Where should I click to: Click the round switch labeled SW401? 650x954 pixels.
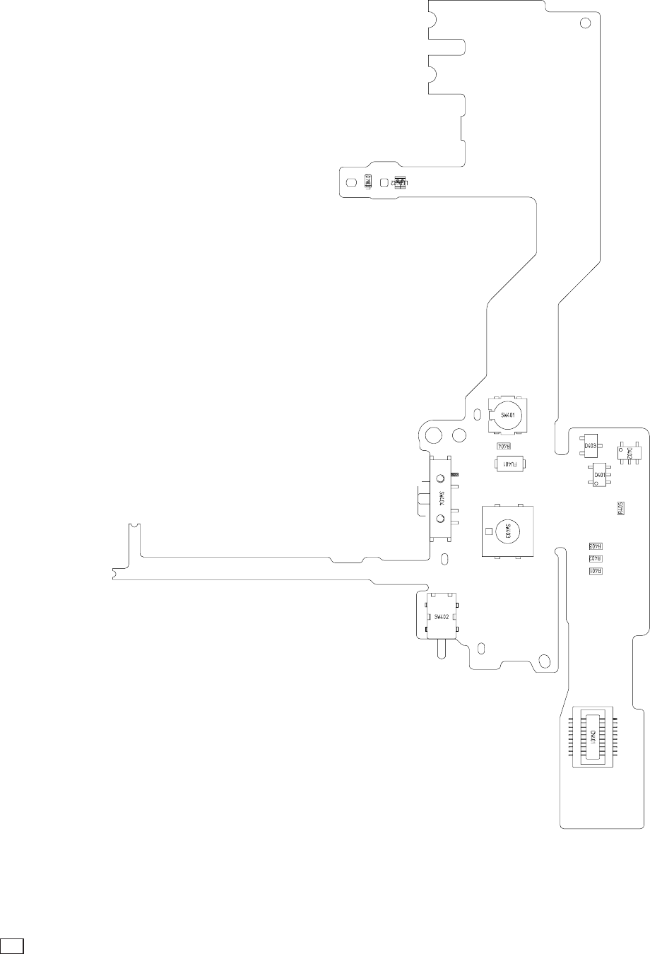click(x=508, y=414)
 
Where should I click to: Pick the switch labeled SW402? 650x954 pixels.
click(x=442, y=616)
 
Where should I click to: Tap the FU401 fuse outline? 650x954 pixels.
click(x=512, y=464)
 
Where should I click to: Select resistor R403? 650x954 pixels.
click(x=595, y=546)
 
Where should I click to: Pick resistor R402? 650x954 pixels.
click(x=595, y=558)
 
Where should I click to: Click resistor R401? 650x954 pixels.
click(x=595, y=570)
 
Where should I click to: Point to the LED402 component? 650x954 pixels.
click(x=399, y=182)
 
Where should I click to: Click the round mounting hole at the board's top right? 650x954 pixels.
click(x=585, y=23)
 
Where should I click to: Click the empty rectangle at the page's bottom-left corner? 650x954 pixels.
click(x=13, y=945)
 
